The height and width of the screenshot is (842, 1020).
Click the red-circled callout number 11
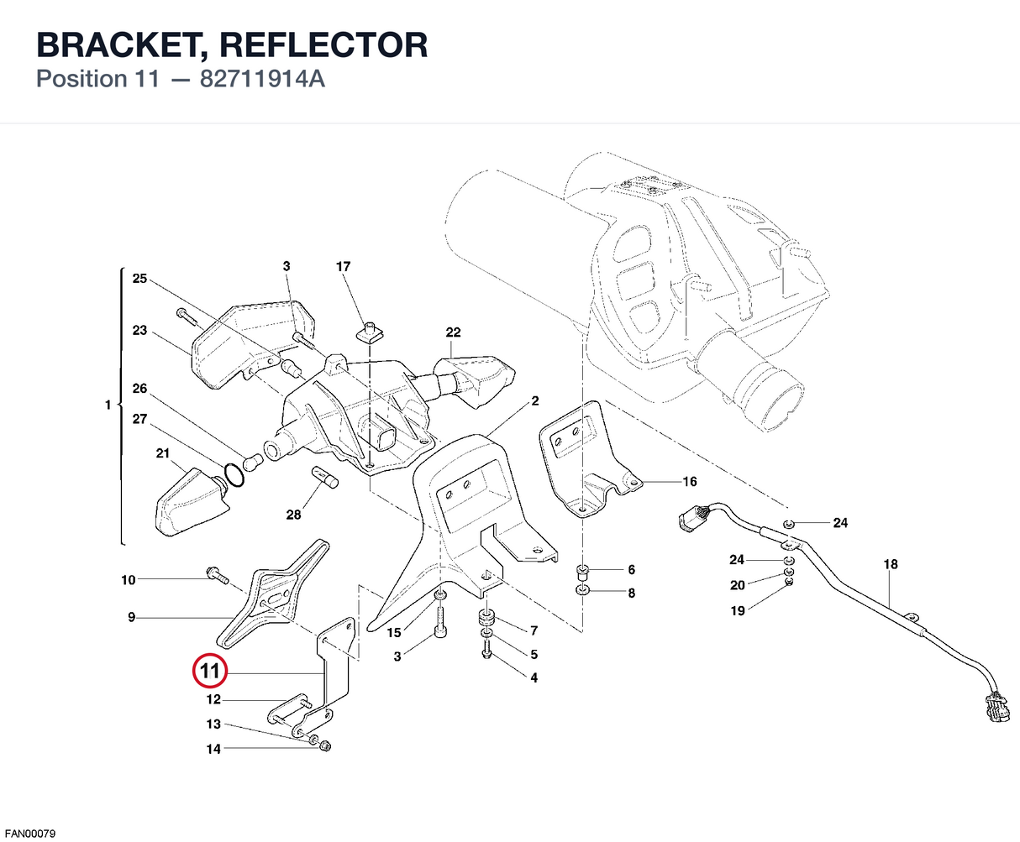[x=210, y=671]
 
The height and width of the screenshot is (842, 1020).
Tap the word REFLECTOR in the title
[x=323, y=44]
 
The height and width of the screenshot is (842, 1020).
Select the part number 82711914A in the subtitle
[x=262, y=79]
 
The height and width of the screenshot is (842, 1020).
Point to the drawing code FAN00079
[x=30, y=834]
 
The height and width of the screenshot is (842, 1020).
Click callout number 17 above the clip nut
[x=343, y=266]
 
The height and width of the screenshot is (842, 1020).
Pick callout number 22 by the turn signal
[x=453, y=332]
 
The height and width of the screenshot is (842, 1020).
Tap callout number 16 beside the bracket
[x=689, y=482]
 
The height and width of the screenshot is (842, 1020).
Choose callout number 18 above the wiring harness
[x=891, y=564]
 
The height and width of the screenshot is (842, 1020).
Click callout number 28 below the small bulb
[x=293, y=515]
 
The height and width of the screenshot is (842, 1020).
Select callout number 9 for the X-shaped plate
[x=131, y=618]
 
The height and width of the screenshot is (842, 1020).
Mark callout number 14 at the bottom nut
[x=213, y=749]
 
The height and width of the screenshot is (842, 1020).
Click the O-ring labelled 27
[x=234, y=474]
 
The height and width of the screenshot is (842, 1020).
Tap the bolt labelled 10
[x=218, y=576]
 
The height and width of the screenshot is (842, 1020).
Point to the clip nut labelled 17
[x=369, y=333]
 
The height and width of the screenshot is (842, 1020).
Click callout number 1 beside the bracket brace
[x=108, y=405]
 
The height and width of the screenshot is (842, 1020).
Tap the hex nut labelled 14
[x=325, y=745]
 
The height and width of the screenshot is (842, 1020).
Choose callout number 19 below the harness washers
[x=737, y=610]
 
